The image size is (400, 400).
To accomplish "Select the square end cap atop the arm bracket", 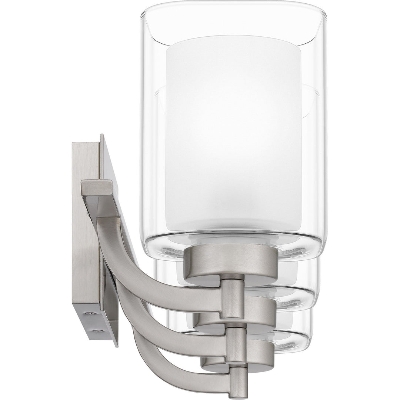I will pos(97,188).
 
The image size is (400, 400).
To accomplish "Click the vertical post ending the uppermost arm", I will pos(233,298).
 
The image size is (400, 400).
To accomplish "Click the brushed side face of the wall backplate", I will pos(85,222).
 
